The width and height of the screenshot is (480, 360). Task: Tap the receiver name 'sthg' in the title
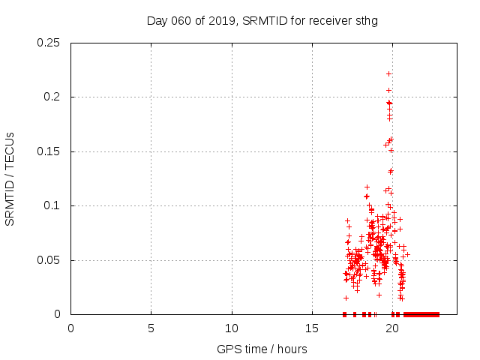[x=366, y=20]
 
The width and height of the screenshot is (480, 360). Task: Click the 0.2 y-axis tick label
[x=53, y=97]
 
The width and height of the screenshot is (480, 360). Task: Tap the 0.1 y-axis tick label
[x=53, y=205]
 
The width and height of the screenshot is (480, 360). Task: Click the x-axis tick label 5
[x=151, y=328]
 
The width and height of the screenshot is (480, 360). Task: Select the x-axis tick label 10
[x=232, y=328]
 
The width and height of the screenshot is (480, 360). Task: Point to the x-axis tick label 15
[x=312, y=328]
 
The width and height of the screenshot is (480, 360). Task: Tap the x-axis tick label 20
[x=392, y=328]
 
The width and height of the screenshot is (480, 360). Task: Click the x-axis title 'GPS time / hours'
[x=262, y=349]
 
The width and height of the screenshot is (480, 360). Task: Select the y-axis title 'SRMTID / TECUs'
[x=10, y=178]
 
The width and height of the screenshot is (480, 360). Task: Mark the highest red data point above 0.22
[x=388, y=73]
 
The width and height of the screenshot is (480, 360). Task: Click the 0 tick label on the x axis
[x=70, y=328]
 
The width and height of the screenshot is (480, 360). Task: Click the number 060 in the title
[x=179, y=20]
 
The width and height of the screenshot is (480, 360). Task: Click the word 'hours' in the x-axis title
[x=292, y=349]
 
